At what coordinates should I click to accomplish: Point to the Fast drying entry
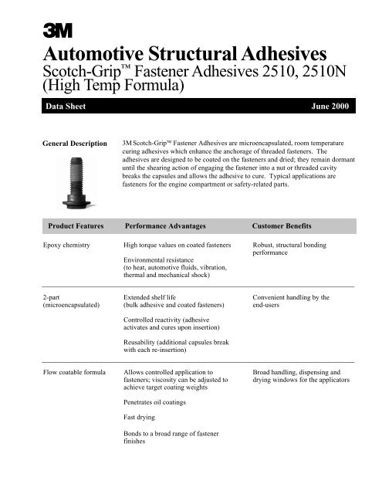click(x=141, y=418)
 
